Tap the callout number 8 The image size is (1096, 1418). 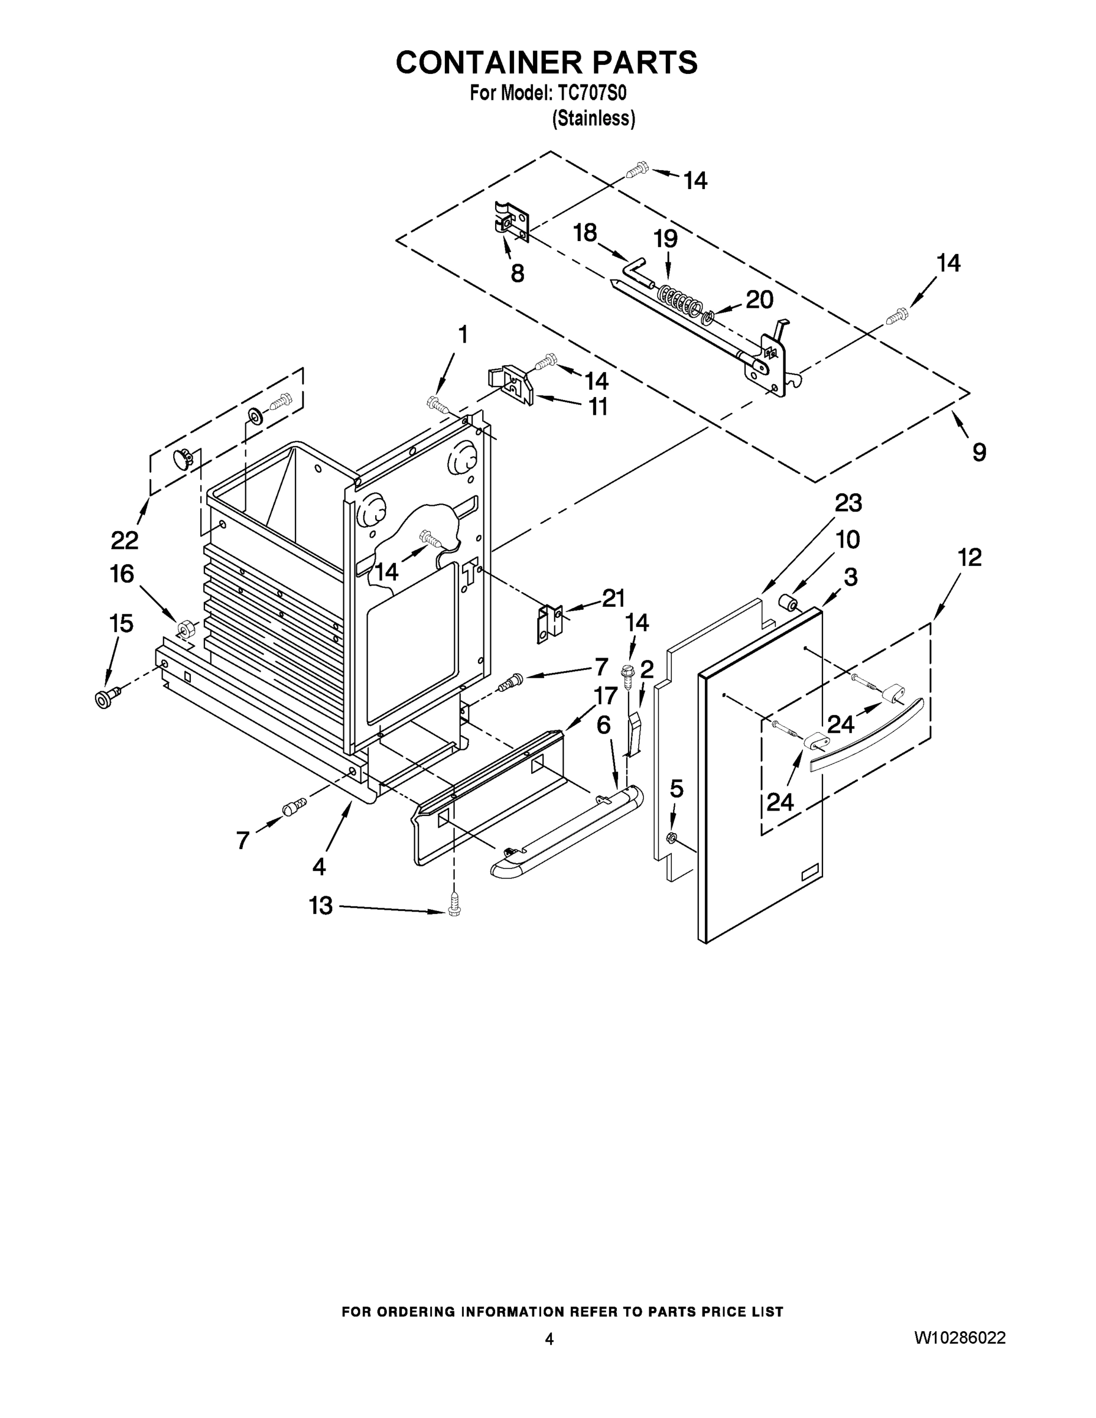[x=518, y=274]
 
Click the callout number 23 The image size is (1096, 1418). [x=848, y=503]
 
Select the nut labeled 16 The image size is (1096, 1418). [x=184, y=628]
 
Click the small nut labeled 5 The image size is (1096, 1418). [x=672, y=837]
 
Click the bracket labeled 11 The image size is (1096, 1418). [x=515, y=386]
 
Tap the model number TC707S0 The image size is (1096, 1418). [x=592, y=93]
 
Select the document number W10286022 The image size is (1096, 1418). [x=960, y=1338]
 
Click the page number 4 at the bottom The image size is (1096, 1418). [x=549, y=1339]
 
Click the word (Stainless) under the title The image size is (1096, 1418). [x=593, y=119]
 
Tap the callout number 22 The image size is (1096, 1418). [x=125, y=539]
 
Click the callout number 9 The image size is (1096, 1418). [x=979, y=452]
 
